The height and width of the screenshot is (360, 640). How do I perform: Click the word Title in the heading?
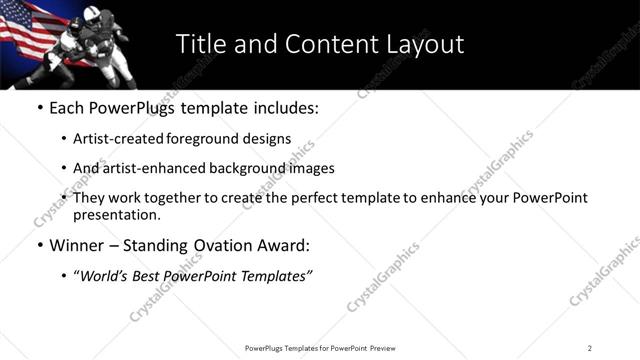(x=200, y=44)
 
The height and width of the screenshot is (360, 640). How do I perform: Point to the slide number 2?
(x=590, y=348)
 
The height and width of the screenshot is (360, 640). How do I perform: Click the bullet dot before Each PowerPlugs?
(x=39, y=106)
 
